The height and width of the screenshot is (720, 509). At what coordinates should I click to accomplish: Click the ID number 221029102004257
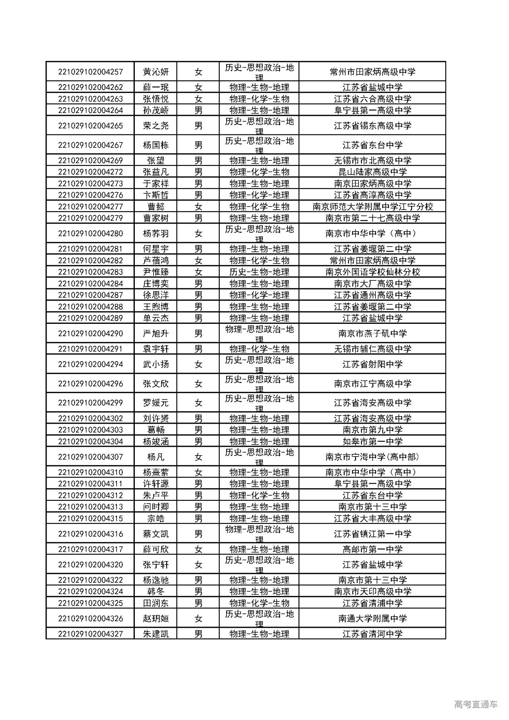point(90,72)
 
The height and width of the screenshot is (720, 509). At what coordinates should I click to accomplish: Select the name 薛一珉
point(156,88)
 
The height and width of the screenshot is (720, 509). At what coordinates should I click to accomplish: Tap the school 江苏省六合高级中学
point(372,99)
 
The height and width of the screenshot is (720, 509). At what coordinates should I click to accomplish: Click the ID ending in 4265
point(90,126)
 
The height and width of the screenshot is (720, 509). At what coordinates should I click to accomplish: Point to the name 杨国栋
point(156,145)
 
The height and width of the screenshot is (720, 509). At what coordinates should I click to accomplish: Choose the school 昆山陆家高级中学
point(372,172)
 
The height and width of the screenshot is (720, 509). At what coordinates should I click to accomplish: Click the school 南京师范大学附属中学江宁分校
point(372,207)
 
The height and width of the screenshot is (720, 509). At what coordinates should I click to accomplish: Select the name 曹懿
point(156,207)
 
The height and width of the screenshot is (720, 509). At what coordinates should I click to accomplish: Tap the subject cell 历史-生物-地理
point(259,272)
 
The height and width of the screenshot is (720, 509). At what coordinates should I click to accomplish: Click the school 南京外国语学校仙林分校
point(372,272)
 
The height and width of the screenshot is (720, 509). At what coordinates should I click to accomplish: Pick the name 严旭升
point(156,334)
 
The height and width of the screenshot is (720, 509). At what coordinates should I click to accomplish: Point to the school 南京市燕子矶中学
point(372,334)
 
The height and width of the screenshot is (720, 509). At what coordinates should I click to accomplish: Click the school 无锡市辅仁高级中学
point(372,349)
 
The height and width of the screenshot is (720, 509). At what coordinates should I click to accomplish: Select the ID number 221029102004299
point(90,403)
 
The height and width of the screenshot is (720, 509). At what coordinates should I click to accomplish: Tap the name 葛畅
point(156,430)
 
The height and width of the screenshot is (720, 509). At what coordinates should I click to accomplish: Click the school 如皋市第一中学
point(372,442)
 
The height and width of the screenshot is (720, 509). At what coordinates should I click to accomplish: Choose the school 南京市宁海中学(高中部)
point(372,457)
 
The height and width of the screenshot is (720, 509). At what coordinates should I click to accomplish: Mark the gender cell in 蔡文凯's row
point(198,534)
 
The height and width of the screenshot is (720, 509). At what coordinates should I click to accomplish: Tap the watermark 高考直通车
point(475,704)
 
